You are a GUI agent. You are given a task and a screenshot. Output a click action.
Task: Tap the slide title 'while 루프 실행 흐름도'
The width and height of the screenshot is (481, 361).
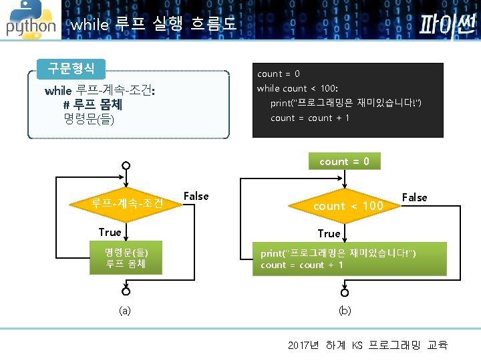click(x=153, y=25)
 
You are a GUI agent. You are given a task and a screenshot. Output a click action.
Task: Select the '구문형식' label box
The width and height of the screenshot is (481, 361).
click(x=71, y=68)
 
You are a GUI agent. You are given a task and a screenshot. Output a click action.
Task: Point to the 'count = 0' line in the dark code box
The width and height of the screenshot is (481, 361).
click(x=279, y=74)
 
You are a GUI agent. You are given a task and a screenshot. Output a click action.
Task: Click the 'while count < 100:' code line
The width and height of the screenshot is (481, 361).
click(x=297, y=88)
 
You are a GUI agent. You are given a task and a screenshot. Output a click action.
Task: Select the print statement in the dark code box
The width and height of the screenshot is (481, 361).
click(x=345, y=103)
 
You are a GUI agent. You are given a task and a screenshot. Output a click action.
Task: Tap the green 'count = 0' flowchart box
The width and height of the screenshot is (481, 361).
click(x=345, y=161)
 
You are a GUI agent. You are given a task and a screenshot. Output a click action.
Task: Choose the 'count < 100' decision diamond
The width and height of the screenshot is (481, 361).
click(x=348, y=206)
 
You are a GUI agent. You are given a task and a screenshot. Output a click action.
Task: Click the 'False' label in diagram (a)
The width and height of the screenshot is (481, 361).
click(x=196, y=196)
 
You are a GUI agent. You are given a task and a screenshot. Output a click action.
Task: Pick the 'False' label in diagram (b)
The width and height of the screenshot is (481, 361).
click(x=414, y=197)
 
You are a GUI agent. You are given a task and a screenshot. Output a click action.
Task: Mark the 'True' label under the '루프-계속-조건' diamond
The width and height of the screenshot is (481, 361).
click(x=110, y=232)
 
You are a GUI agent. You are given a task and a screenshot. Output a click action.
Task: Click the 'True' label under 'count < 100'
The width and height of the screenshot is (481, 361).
click(x=329, y=233)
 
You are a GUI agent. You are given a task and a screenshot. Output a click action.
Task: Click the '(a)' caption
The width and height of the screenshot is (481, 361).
click(x=125, y=311)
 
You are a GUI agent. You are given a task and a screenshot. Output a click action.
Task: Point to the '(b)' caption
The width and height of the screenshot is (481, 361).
click(x=345, y=311)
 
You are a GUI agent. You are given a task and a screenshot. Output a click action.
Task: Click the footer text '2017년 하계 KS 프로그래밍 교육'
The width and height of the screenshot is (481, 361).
click(x=367, y=345)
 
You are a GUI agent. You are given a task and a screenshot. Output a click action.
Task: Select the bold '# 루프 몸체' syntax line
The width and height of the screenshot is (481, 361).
click(x=92, y=105)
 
